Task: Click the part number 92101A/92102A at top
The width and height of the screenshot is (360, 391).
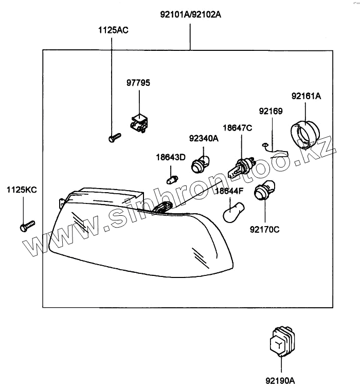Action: [190, 14]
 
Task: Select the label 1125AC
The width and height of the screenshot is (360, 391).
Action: [113, 30]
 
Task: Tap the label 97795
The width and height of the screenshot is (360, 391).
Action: [139, 83]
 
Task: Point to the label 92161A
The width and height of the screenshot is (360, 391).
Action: [305, 96]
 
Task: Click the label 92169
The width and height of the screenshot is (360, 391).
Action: [271, 110]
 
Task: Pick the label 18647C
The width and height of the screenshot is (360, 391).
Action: [237, 127]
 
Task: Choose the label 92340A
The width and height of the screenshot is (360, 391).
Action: [204, 138]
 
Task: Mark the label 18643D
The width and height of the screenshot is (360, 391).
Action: [171, 157]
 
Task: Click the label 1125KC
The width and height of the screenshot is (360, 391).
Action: [22, 190]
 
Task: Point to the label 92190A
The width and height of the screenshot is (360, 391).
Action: [280, 381]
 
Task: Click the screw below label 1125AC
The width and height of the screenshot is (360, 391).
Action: [115, 137]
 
